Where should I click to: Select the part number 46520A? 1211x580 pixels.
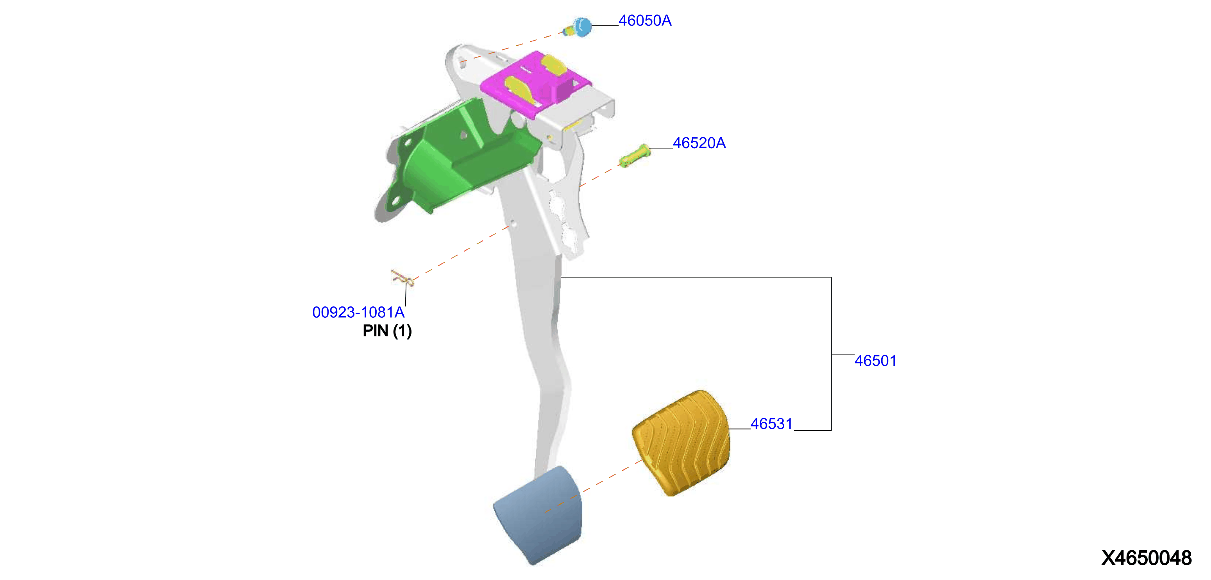click(x=699, y=143)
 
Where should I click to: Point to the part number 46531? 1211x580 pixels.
click(x=771, y=424)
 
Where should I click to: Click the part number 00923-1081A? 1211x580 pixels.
click(x=358, y=312)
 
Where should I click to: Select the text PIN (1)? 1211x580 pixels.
click(x=387, y=331)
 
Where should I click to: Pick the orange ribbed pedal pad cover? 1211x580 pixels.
click(x=681, y=443)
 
